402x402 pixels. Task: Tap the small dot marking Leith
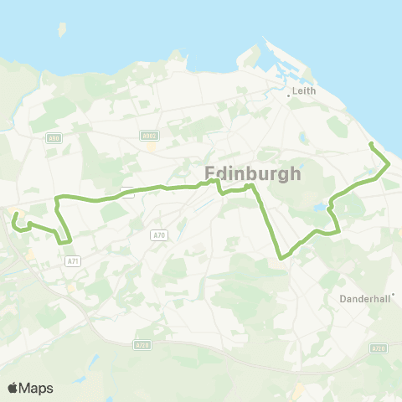[289, 95]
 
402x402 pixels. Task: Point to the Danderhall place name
[364, 298]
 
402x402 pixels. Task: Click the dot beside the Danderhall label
[392, 294]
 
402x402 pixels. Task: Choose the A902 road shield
[149, 136]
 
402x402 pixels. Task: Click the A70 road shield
[159, 236]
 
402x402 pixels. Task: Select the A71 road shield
[72, 261]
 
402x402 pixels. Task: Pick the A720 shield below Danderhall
[379, 348]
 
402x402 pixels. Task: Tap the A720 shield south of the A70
[142, 343]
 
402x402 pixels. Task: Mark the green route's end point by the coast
[371, 146]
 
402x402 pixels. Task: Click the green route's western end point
[15, 215]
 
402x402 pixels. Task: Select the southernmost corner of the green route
[281, 259]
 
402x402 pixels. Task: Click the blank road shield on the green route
[127, 192]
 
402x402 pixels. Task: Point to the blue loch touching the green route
[320, 207]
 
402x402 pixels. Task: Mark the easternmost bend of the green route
[387, 166]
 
